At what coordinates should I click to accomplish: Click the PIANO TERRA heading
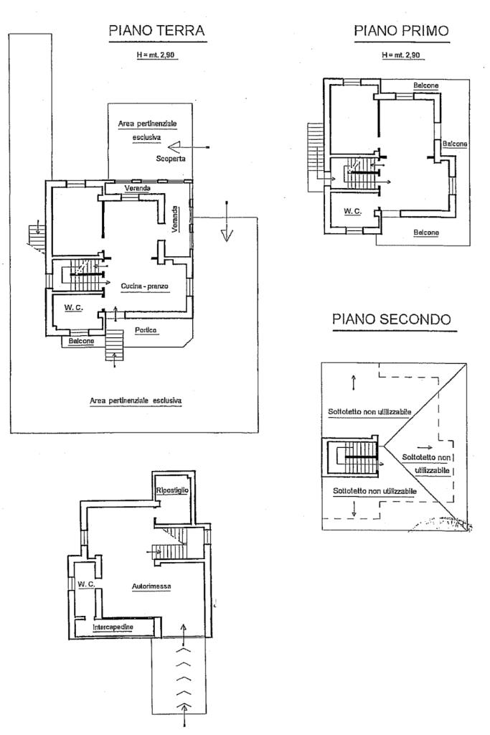156,30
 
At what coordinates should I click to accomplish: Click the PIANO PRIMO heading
402,31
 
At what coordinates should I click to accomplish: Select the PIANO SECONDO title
392,319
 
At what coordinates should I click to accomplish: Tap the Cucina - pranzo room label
144,286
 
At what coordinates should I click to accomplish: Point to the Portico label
146,330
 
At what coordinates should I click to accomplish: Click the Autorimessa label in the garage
151,586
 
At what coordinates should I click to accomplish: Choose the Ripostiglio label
172,490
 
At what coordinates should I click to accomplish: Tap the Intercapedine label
113,627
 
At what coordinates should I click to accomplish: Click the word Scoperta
171,159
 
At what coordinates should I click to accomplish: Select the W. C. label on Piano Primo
353,212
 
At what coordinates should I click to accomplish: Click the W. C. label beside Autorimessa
86,584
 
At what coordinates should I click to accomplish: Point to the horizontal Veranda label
138,189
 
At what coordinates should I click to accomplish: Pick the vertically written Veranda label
175,219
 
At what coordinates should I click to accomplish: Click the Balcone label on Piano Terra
82,341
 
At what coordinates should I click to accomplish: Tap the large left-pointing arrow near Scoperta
188,147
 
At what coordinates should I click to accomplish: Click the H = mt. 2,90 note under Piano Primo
402,55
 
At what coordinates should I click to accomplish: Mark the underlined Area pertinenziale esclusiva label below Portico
136,401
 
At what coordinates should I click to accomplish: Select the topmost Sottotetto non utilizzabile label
369,411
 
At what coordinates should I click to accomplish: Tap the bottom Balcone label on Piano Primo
426,233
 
